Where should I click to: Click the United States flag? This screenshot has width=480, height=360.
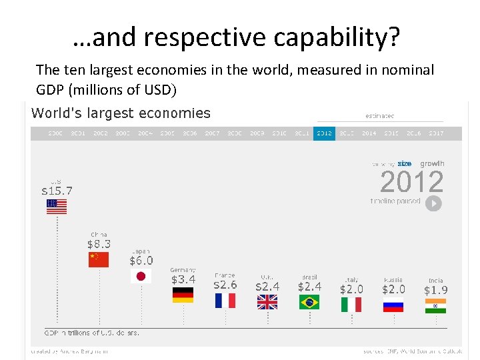click(57, 207)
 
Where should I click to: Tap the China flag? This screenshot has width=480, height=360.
click(99, 259)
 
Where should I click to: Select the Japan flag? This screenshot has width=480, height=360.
click(141, 276)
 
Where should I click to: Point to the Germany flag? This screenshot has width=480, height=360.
click(183, 295)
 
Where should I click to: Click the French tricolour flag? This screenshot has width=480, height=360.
click(225, 301)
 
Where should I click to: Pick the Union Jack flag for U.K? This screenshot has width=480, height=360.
click(267, 302)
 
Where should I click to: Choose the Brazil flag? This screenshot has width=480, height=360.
click(309, 302)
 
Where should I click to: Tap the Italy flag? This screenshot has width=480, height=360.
click(351, 304)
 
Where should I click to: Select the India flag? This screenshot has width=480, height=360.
click(435, 306)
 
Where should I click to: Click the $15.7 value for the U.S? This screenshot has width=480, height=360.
click(57, 191)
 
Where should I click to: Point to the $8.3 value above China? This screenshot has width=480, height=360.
click(99, 245)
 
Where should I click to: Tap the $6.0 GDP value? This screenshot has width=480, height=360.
click(141, 261)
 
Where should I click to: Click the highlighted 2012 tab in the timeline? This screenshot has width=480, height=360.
click(324, 133)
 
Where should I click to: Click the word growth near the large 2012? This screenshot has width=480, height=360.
click(431, 163)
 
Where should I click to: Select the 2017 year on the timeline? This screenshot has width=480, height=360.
click(436, 133)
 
